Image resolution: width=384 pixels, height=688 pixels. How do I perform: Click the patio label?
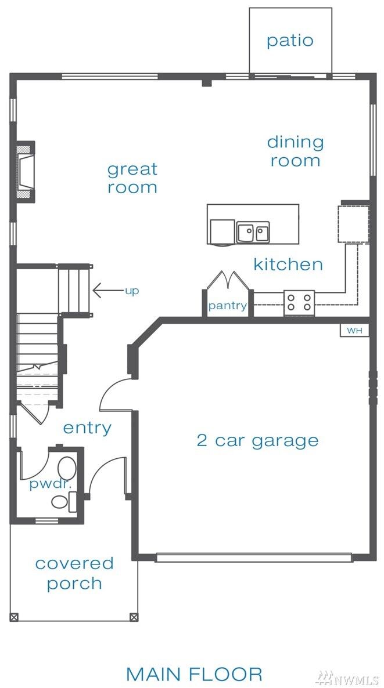point(290,41)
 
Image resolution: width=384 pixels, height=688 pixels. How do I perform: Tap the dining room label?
point(295,151)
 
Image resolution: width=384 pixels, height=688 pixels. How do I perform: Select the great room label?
point(132,178)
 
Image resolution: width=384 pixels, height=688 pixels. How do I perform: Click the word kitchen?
point(288,265)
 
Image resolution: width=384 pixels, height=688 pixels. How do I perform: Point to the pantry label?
point(227,306)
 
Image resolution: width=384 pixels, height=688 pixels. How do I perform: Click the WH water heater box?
point(354,330)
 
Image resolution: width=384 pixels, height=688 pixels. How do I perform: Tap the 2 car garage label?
point(257,440)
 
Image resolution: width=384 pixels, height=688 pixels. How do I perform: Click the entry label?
point(87,428)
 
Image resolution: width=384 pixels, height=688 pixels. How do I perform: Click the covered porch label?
point(74,573)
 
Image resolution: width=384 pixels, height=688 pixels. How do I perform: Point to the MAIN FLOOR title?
point(194,674)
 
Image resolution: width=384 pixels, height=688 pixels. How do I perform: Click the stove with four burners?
point(299,303)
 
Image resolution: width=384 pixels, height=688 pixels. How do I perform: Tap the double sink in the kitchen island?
point(253,232)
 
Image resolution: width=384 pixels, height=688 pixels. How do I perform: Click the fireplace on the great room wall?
point(26,172)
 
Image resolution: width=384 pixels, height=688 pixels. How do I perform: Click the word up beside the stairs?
point(132,291)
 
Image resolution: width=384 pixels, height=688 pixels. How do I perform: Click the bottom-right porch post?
point(134,617)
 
